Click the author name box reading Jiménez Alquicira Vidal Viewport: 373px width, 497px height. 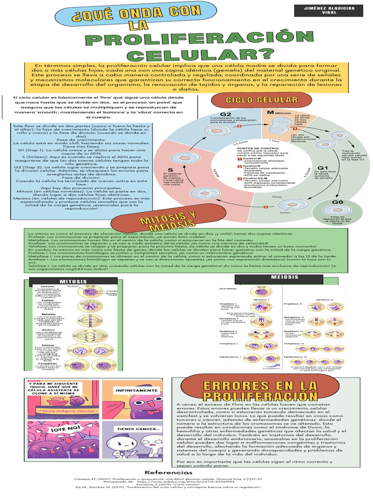coord(328,10)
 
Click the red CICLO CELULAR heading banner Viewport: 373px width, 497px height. coord(254,100)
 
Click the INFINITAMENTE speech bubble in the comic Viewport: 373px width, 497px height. coord(136,389)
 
